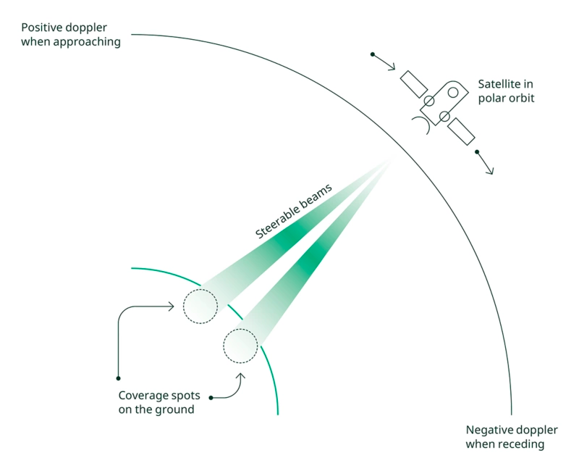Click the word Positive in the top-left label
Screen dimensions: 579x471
(41, 28)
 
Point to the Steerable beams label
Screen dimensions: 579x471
(294, 212)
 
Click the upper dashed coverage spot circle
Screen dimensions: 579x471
(200, 289)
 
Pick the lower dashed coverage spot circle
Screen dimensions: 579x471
(240, 329)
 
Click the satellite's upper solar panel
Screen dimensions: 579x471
(414, 84)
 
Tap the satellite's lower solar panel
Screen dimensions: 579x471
(461, 131)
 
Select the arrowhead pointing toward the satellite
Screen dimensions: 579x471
(392, 67)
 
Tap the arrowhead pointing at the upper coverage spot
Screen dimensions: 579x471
(171, 307)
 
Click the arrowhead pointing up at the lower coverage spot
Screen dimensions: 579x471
(241, 376)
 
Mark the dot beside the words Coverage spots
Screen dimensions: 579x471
(211, 398)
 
